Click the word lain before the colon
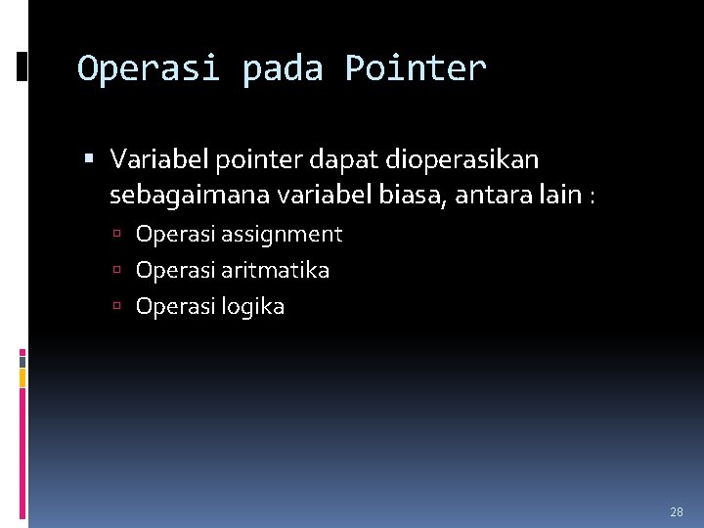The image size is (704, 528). tap(560, 196)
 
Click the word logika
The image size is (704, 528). tap(252, 307)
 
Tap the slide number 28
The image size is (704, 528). tap(677, 511)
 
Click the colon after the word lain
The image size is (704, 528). tap(591, 198)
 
